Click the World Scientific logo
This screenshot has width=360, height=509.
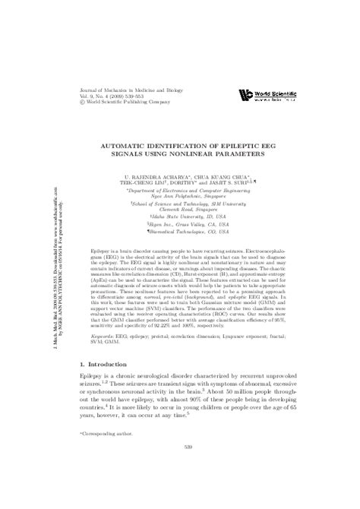point(266,95)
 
